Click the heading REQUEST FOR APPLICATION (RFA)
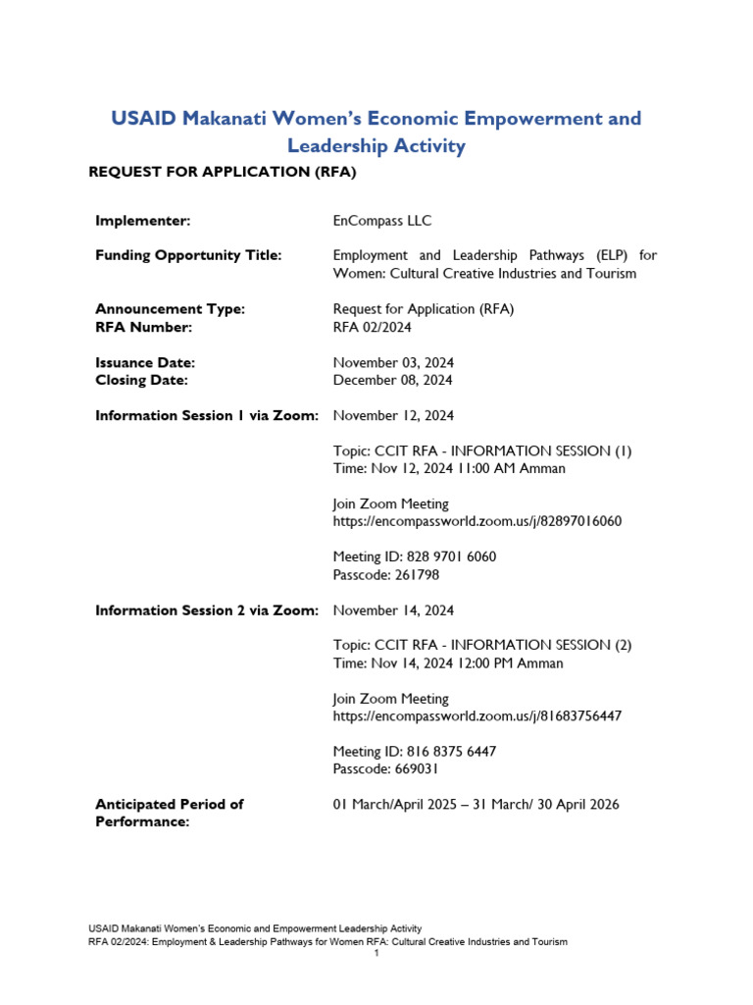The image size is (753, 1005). pyautogui.click(x=222, y=173)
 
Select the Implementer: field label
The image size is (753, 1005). pyautogui.click(x=142, y=221)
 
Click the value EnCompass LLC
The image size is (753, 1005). pyautogui.click(x=381, y=221)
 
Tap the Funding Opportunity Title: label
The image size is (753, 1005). pyautogui.click(x=188, y=255)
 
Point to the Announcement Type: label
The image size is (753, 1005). pyautogui.click(x=170, y=309)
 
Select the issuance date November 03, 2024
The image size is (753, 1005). pyautogui.click(x=393, y=362)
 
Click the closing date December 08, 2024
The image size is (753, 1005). pyautogui.click(x=392, y=380)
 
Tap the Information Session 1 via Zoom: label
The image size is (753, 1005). pyautogui.click(x=206, y=415)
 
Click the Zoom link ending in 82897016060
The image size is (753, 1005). pyautogui.click(x=477, y=521)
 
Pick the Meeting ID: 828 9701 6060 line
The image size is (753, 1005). pyautogui.click(x=414, y=556)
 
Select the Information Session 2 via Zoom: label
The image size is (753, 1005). pyautogui.click(x=206, y=610)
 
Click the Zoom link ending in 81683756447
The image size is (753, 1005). pyautogui.click(x=477, y=716)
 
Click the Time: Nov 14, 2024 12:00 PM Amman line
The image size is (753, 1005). pyautogui.click(x=448, y=663)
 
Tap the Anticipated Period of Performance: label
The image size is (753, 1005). pyautogui.click(x=169, y=813)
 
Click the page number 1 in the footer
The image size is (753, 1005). pyautogui.click(x=376, y=953)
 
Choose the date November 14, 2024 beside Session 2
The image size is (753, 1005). pyautogui.click(x=393, y=610)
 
